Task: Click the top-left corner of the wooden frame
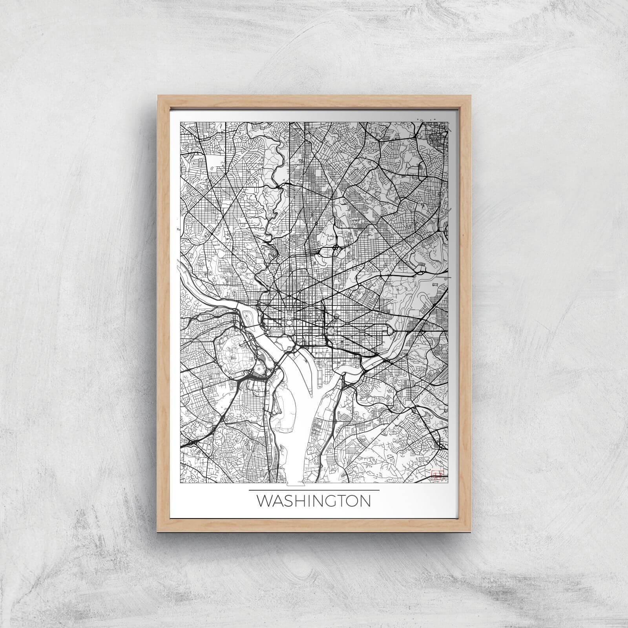click(158, 95)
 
